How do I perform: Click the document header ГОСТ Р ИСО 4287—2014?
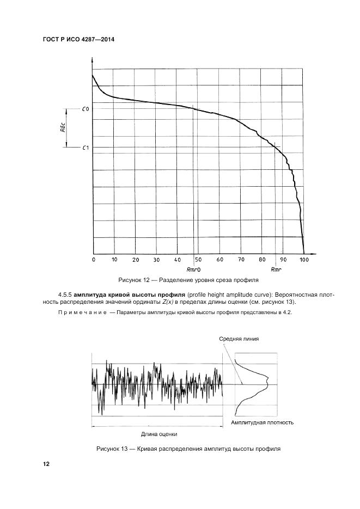tap(74, 40)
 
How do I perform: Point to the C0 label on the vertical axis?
tap(86, 109)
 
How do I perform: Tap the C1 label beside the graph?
tap(86, 148)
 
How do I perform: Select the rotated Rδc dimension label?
tap(63, 128)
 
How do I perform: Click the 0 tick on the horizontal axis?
tap(93, 260)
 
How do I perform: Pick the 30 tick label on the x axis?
tap(157, 260)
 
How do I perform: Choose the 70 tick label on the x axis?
tap(241, 260)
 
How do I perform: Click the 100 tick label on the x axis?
tap(304, 260)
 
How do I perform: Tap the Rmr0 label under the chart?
tap(194, 269)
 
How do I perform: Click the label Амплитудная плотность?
tap(263, 422)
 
